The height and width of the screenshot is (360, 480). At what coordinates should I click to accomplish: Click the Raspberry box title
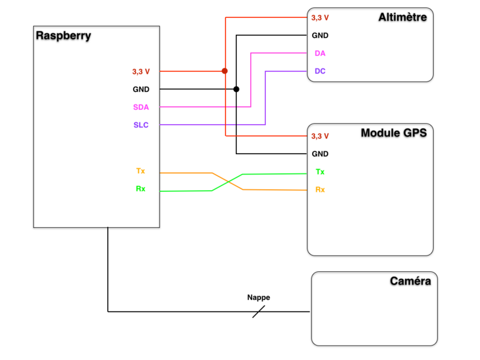(x=64, y=35)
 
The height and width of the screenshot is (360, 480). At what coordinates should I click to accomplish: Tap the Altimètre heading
(x=403, y=17)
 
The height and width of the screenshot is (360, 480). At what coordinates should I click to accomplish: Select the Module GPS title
(x=394, y=133)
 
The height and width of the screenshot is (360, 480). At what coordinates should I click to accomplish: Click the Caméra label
(x=410, y=281)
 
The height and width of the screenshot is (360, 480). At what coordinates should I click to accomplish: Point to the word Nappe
(x=259, y=298)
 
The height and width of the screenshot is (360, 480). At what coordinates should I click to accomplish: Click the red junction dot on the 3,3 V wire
(x=225, y=71)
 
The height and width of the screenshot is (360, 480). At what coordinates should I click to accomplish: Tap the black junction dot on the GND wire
(x=236, y=89)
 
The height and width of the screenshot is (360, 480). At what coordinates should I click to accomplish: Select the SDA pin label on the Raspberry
(x=141, y=107)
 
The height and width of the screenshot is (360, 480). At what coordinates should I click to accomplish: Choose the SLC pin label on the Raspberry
(x=141, y=125)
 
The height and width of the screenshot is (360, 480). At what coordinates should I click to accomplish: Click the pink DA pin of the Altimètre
(x=320, y=53)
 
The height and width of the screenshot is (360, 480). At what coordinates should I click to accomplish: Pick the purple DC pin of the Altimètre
(x=320, y=71)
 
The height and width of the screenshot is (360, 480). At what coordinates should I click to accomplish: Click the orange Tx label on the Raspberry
(x=140, y=171)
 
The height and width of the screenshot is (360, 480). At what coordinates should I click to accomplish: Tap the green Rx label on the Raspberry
(x=140, y=189)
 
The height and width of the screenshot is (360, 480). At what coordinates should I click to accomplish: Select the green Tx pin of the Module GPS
(x=320, y=172)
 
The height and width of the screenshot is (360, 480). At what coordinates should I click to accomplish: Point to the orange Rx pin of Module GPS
(x=320, y=190)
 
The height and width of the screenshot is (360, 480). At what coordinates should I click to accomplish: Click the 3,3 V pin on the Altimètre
(x=320, y=17)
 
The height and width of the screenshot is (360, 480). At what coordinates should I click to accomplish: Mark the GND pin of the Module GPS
(x=320, y=154)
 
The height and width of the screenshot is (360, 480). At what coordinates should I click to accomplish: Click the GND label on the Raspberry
(x=141, y=89)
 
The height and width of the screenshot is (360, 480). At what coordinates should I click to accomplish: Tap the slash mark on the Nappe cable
(x=259, y=311)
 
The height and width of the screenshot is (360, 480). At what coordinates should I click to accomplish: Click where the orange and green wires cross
(x=227, y=182)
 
